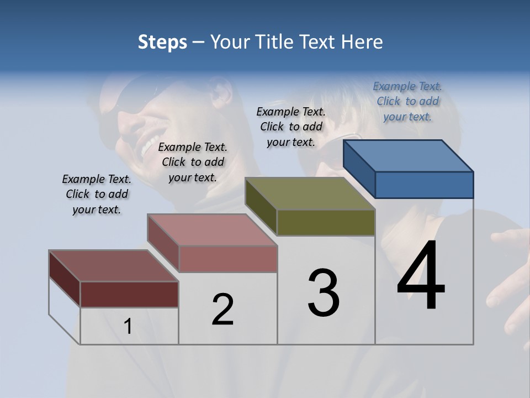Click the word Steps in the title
[162, 43]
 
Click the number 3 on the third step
[324, 292]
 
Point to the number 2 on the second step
[223, 310]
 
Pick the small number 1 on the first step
[128, 327]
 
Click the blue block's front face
[424, 185]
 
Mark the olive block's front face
[326, 222]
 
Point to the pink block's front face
[228, 259]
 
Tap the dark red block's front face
[129, 294]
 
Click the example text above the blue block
[407, 101]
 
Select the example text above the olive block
[291, 127]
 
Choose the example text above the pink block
[193, 162]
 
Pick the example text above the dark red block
[97, 194]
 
